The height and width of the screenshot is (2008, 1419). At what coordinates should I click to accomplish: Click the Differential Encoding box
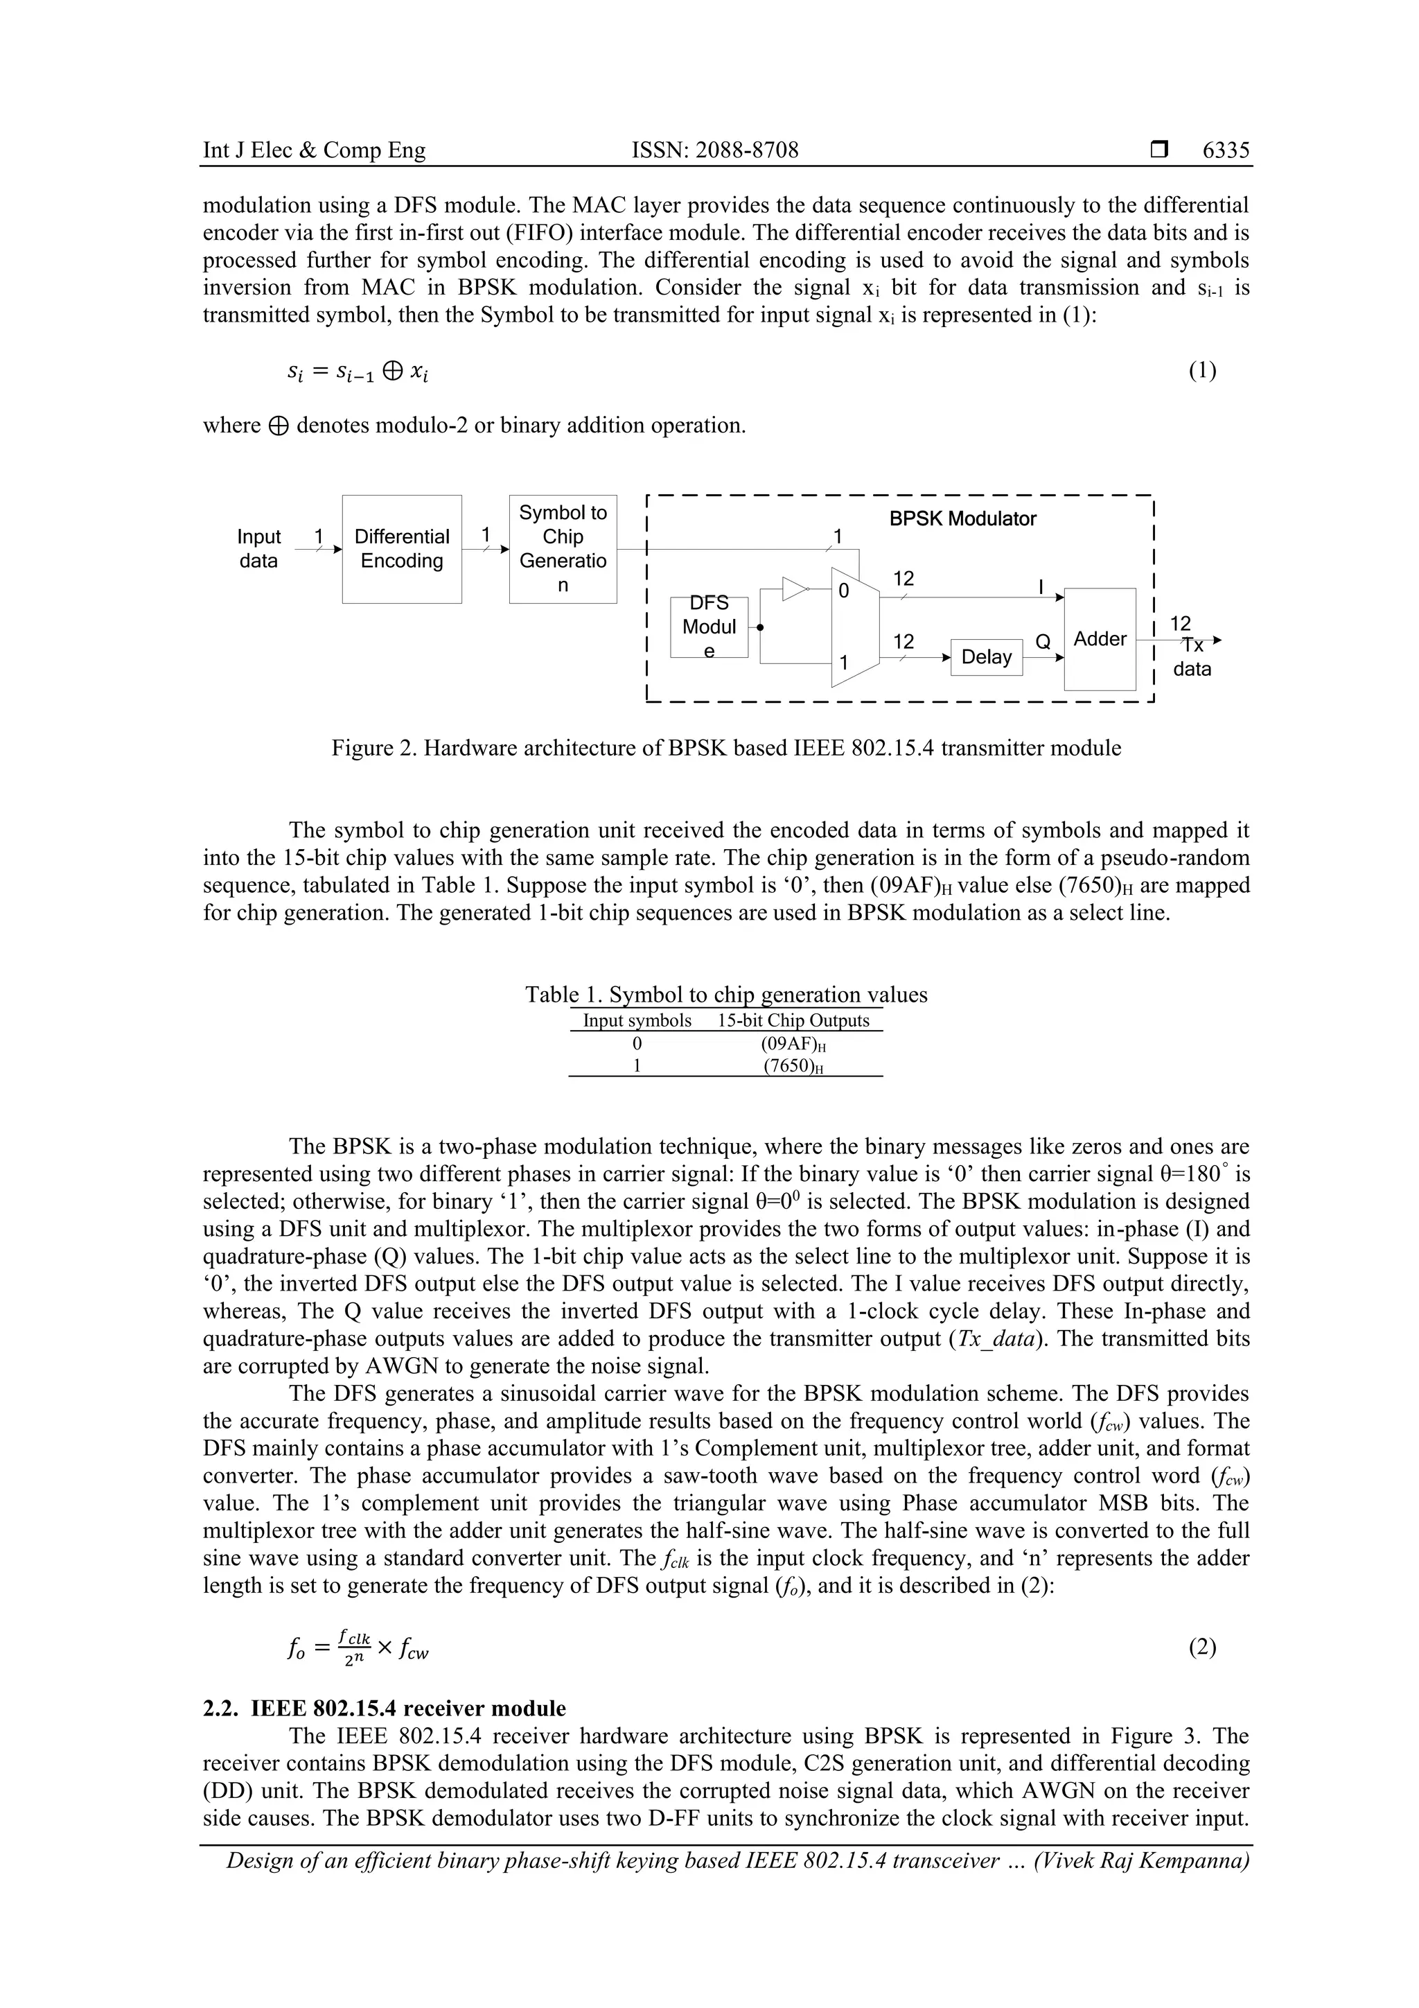point(401,548)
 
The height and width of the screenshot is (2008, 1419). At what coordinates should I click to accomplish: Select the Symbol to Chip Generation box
point(562,548)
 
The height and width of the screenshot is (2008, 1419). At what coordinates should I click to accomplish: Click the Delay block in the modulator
point(985,657)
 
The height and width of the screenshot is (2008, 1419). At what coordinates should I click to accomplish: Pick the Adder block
point(1099,638)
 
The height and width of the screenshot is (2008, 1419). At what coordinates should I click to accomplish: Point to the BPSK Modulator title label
point(962,518)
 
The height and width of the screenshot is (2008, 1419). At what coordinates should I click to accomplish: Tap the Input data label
point(259,548)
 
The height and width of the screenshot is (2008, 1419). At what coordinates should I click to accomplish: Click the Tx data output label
point(1192,657)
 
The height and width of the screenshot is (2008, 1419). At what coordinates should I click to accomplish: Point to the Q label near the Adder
point(1042,642)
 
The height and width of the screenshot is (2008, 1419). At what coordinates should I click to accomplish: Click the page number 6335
point(1225,150)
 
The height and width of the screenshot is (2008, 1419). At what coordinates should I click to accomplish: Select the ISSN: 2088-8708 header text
point(714,150)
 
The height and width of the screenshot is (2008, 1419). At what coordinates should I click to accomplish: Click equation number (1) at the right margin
point(1201,371)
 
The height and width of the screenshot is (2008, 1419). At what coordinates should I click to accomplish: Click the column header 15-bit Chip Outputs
point(793,1020)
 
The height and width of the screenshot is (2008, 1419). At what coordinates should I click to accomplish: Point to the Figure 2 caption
point(725,748)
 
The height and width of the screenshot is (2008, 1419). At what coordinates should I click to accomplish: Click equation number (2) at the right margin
point(1201,1648)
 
